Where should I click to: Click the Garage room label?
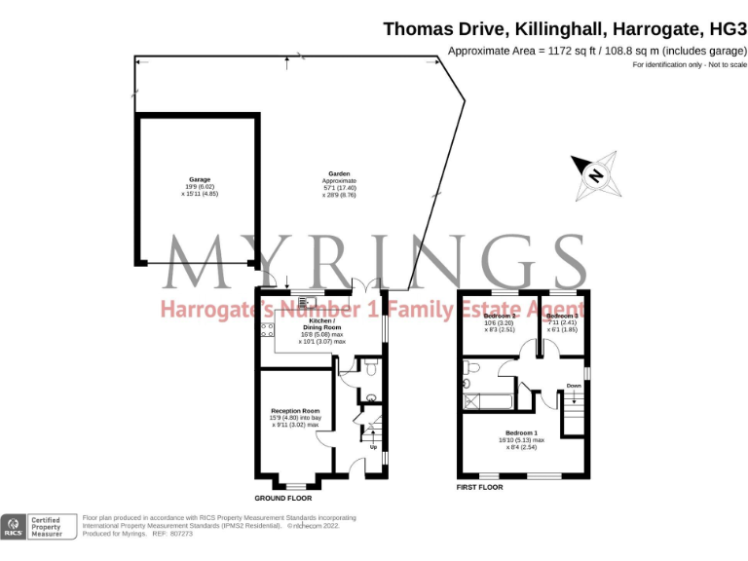200,180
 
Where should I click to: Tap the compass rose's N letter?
593,175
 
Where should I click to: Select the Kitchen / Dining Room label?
321,320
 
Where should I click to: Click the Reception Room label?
295,411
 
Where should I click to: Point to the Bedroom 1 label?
521,432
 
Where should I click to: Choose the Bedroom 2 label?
500,317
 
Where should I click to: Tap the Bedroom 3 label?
562,317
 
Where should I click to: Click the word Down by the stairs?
574,386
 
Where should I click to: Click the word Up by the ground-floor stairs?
373,447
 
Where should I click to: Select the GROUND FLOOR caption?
283,485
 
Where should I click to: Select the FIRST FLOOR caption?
479,485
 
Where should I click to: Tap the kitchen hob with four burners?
267,330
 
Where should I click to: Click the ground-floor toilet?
369,367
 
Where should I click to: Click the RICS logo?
13,527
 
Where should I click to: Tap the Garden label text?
339,174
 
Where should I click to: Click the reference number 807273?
182,534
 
